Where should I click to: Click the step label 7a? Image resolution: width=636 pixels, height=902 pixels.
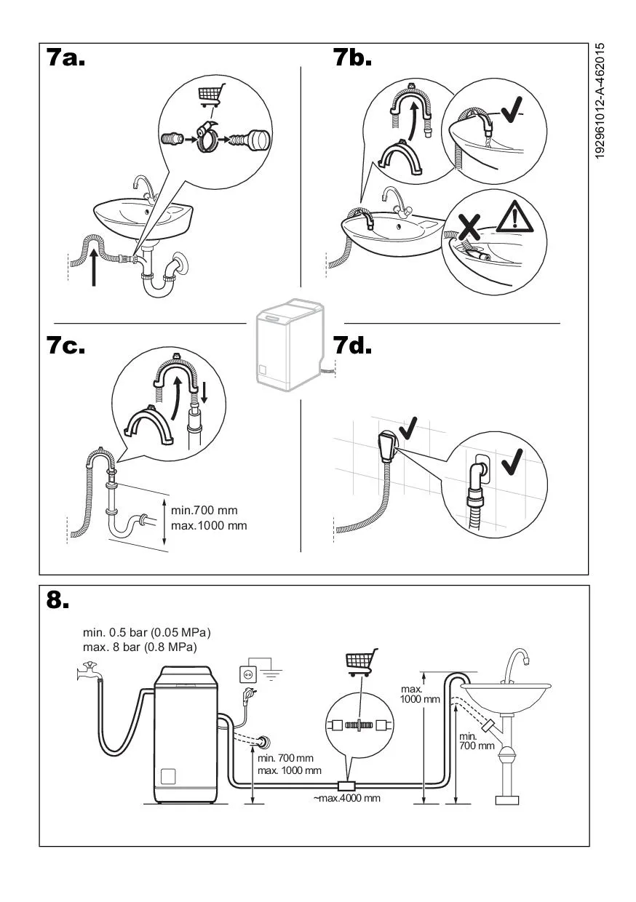(x=66, y=57)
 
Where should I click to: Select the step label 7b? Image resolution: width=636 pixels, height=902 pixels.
(x=352, y=57)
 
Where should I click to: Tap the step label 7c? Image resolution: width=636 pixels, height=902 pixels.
(x=66, y=345)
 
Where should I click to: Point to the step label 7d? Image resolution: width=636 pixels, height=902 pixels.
(x=352, y=345)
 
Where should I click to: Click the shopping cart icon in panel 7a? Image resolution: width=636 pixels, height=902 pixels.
(x=211, y=95)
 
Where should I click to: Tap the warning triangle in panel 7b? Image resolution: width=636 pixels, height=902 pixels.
(x=514, y=217)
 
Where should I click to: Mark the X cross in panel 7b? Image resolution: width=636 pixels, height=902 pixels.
(x=470, y=227)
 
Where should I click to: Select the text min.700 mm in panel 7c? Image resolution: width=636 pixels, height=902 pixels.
(x=204, y=510)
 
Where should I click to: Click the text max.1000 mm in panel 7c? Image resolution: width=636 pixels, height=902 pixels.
(x=209, y=525)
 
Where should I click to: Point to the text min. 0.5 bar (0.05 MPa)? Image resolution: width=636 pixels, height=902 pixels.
(x=146, y=633)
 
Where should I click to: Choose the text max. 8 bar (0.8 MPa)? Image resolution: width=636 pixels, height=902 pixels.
(x=140, y=647)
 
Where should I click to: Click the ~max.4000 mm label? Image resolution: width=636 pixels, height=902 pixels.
(x=347, y=798)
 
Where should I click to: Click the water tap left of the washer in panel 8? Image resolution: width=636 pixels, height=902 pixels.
(x=88, y=671)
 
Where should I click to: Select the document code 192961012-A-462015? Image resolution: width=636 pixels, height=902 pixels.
(x=600, y=101)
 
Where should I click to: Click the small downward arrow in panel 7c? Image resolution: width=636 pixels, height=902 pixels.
(x=204, y=393)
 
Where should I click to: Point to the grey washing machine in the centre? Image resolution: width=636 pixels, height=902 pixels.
(x=290, y=345)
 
